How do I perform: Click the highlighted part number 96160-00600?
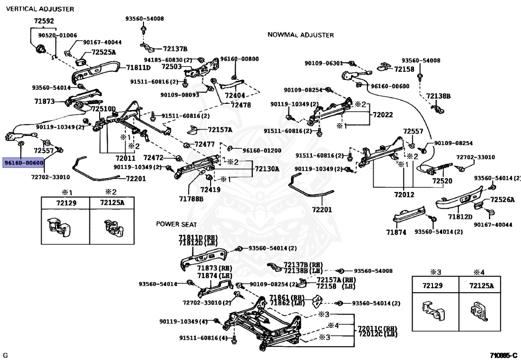tap(23, 163)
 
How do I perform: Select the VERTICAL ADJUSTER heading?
tap(40, 9)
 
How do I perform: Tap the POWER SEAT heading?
tap(177, 225)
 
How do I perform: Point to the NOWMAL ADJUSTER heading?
tap(301, 35)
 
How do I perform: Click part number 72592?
tap(44, 21)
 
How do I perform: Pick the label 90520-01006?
tap(57, 35)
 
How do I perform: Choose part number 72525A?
tap(104, 52)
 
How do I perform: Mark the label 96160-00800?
tap(240, 59)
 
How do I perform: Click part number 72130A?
tap(267, 169)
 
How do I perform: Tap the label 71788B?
tap(191, 199)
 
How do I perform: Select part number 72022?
tap(383, 115)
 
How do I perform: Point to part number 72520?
tap(442, 181)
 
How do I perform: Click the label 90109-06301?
tap(324, 63)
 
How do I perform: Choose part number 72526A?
tap(502, 200)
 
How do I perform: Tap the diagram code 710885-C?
tap(503, 356)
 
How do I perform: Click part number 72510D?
tap(104, 109)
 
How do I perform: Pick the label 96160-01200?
tap(262, 150)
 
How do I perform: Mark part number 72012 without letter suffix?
tap(404, 195)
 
